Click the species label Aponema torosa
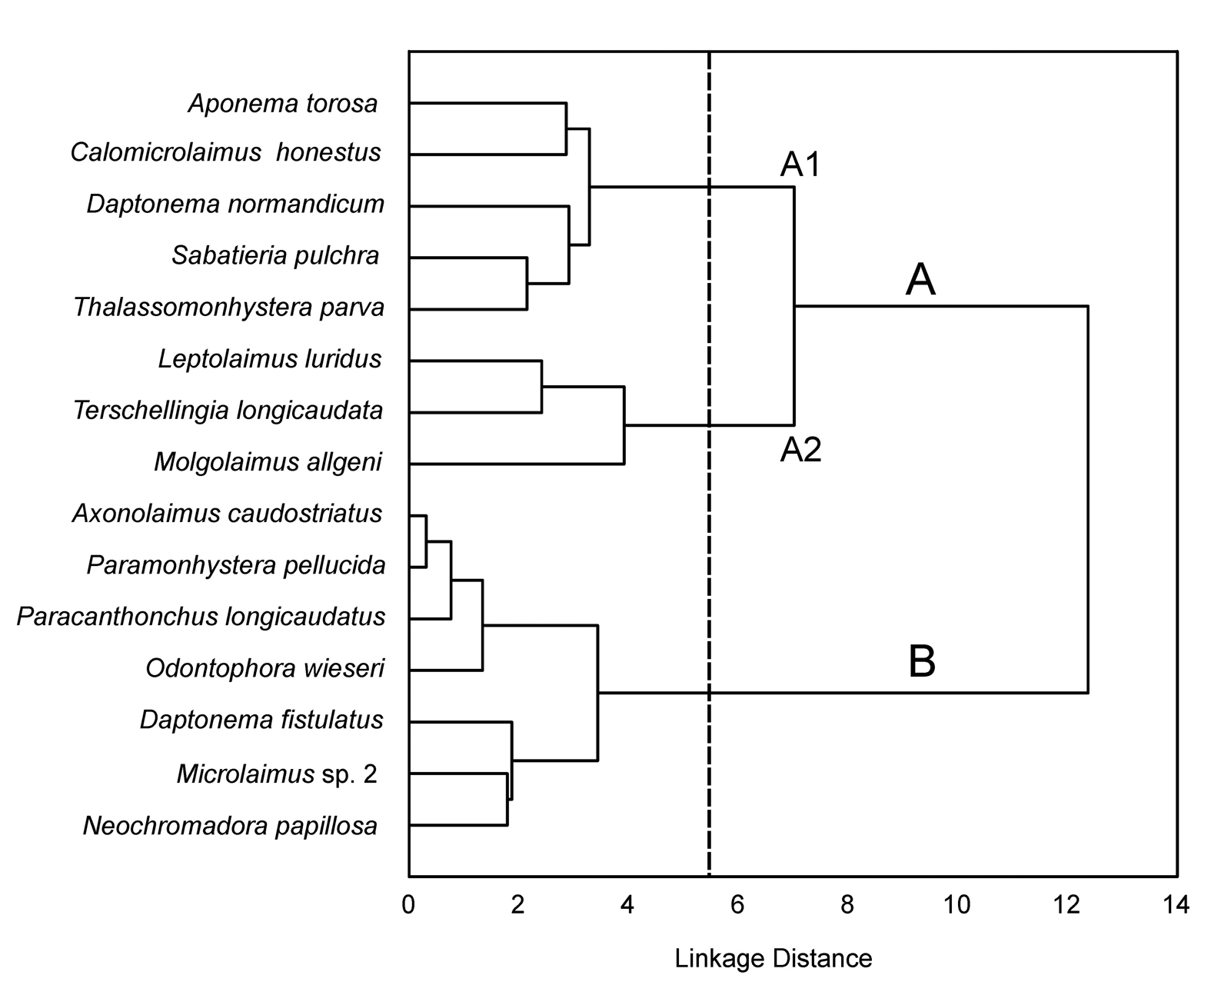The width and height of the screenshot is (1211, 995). (283, 104)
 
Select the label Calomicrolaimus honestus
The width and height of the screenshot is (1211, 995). (225, 153)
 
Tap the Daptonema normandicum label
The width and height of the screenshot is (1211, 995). (235, 205)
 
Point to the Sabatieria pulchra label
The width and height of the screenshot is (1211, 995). (275, 256)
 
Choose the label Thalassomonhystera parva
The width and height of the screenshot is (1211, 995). (228, 307)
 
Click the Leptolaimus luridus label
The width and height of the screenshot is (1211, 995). (270, 359)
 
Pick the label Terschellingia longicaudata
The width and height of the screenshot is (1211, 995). (228, 411)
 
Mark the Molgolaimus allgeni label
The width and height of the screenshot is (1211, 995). (268, 462)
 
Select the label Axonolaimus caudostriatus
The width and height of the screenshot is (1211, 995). (228, 514)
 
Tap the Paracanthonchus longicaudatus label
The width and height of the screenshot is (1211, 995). (201, 617)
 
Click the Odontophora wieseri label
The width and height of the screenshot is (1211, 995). (265, 668)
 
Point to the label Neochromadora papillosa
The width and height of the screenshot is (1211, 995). (230, 826)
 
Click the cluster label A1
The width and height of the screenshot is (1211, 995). (800, 165)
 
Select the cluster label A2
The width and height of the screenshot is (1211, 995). (801, 450)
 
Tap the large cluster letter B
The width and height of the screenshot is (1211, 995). (922, 661)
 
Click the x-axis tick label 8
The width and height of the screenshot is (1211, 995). (847, 906)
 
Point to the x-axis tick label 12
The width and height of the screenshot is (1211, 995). (1066, 906)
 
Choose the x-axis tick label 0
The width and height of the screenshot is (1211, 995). (408, 906)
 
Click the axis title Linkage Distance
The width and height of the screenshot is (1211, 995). (774, 959)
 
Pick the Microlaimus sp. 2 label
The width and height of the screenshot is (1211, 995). (277, 774)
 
